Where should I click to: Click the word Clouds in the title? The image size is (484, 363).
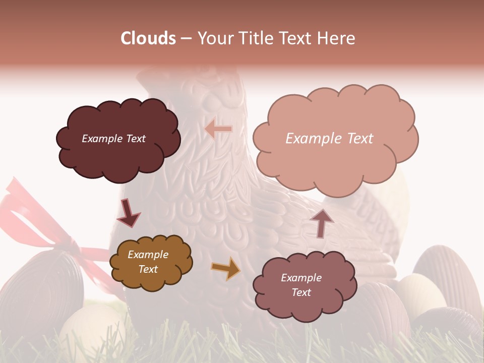click(148, 38)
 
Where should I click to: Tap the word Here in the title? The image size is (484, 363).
click(337, 38)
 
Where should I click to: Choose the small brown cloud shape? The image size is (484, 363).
click(151, 262)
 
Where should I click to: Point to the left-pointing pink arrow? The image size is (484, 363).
click(219, 129)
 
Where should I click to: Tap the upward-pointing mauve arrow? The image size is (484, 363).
click(322, 223)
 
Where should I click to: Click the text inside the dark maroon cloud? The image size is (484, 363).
click(113, 139)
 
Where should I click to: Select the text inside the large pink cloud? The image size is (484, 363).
click(329, 139)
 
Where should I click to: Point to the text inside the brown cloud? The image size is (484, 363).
click(148, 262)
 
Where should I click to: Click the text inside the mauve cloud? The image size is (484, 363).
click(301, 285)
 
